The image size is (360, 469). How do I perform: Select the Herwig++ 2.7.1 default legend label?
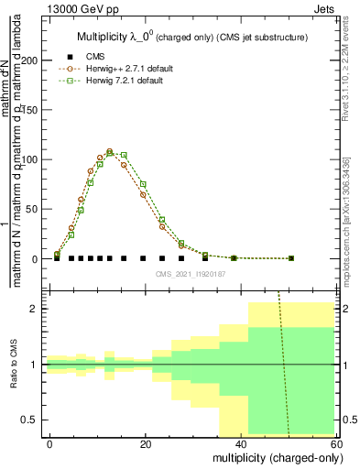130,69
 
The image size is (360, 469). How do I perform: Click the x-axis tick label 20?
146,443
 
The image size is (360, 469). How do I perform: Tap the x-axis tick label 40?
241,443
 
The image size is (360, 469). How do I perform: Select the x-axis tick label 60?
336,443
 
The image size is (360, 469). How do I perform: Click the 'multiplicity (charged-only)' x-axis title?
271,457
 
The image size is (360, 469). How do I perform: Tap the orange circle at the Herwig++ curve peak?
109,151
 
